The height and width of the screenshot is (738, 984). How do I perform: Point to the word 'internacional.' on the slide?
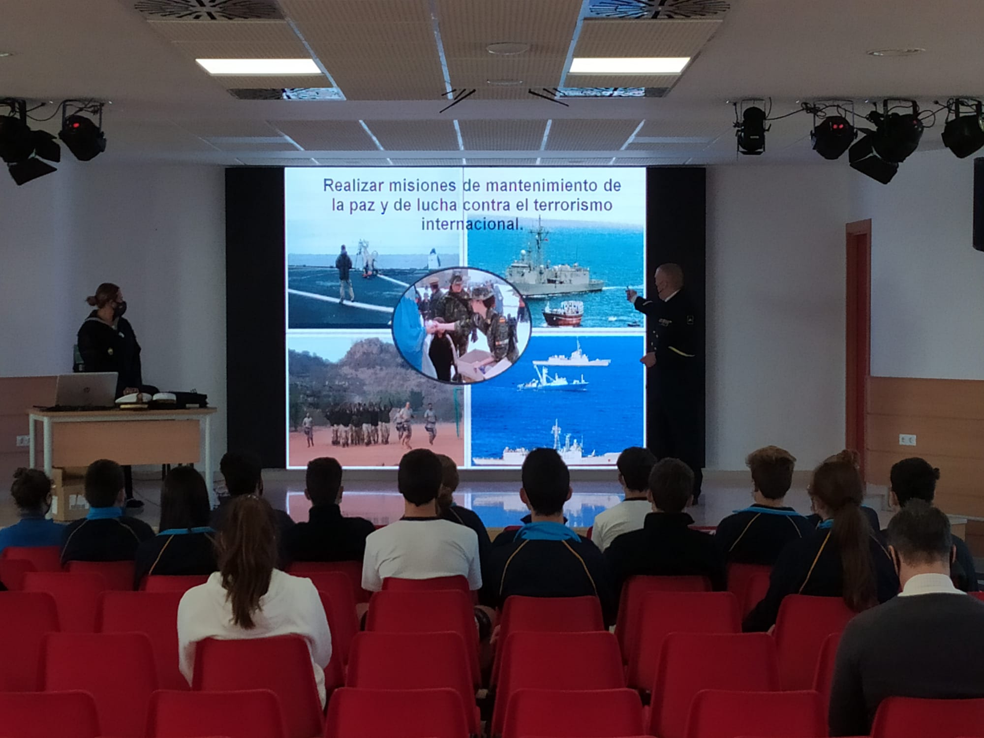tap(471, 224)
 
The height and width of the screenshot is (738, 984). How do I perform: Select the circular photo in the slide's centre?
tap(461, 325)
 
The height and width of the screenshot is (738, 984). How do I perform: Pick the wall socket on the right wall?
tap(907, 439)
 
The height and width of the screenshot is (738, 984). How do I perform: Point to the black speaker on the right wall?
tap(978, 204)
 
